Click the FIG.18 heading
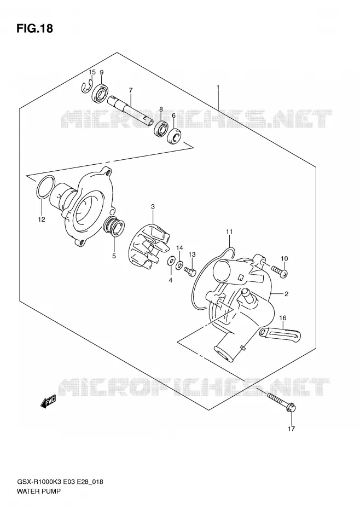34,28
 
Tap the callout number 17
291,429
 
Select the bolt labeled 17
281,402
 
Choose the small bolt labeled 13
190,270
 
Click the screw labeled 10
280,272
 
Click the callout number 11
229,232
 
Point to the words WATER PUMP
38,491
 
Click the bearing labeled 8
161,128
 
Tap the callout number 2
286,294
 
